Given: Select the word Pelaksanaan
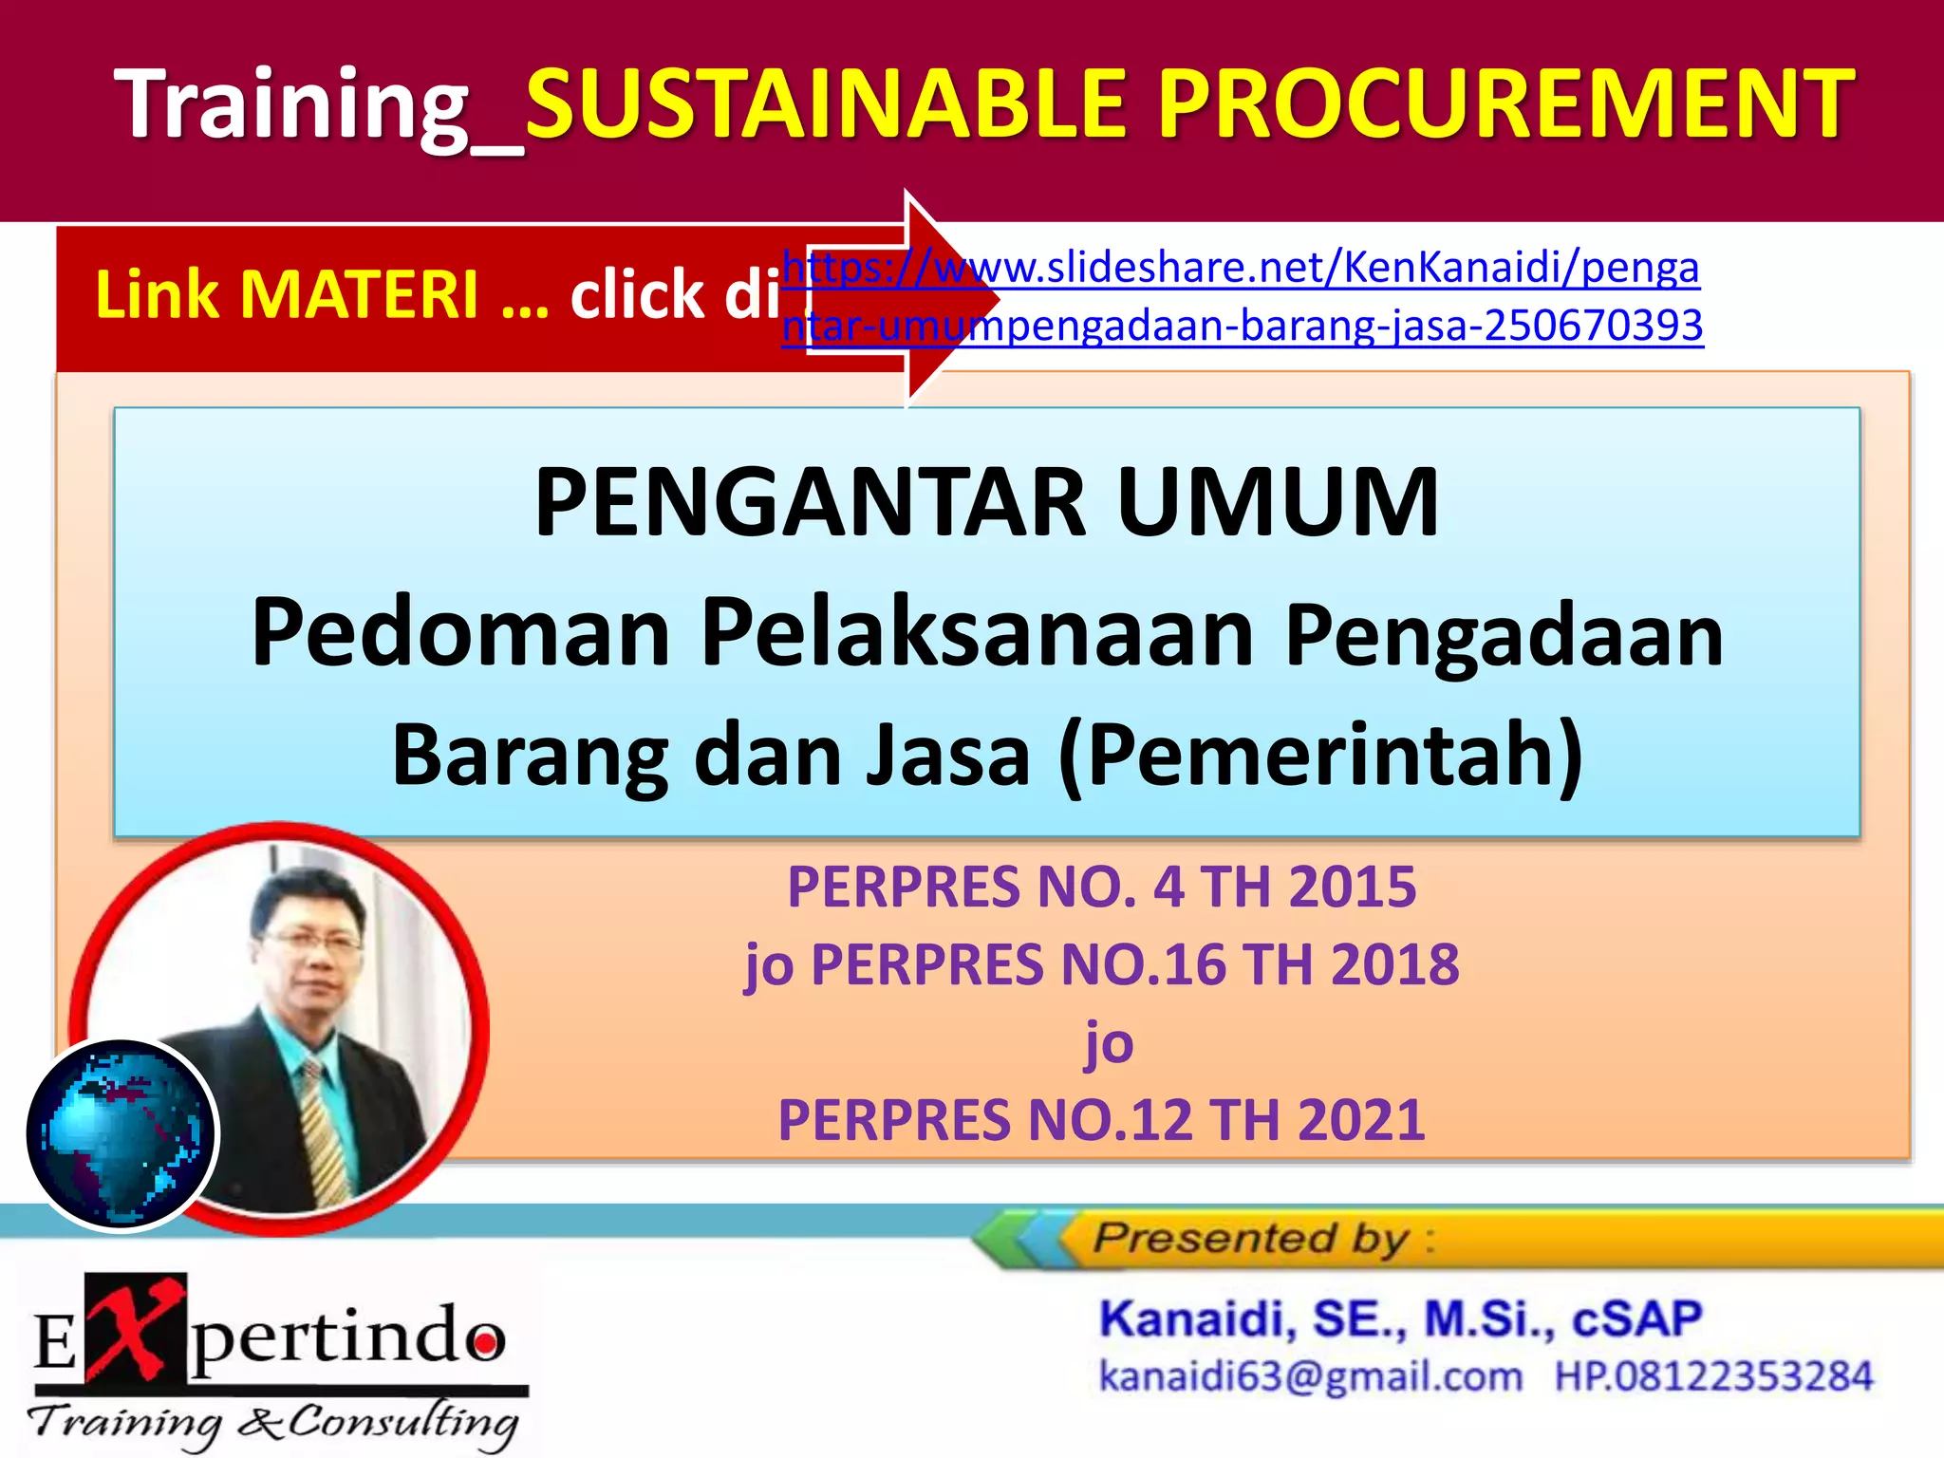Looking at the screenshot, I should (x=978, y=633).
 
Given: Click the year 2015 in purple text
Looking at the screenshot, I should (x=1352, y=888).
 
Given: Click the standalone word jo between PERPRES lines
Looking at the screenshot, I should (x=1109, y=1044).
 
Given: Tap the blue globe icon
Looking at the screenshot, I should (x=121, y=1134).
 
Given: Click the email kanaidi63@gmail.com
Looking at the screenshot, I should (x=1310, y=1376).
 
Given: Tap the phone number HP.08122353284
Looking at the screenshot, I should (x=1713, y=1376).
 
